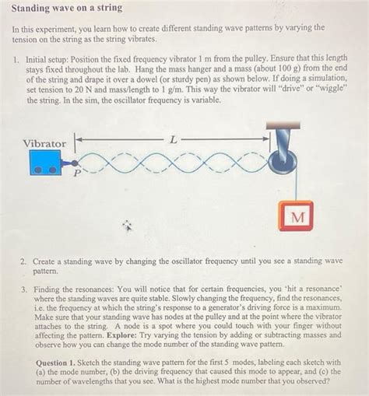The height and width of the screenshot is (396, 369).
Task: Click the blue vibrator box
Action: (46, 163)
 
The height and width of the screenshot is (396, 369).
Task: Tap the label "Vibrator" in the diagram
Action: (44, 143)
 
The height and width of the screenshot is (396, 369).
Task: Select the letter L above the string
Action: (173, 138)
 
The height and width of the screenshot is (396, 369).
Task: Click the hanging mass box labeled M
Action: (296, 217)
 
